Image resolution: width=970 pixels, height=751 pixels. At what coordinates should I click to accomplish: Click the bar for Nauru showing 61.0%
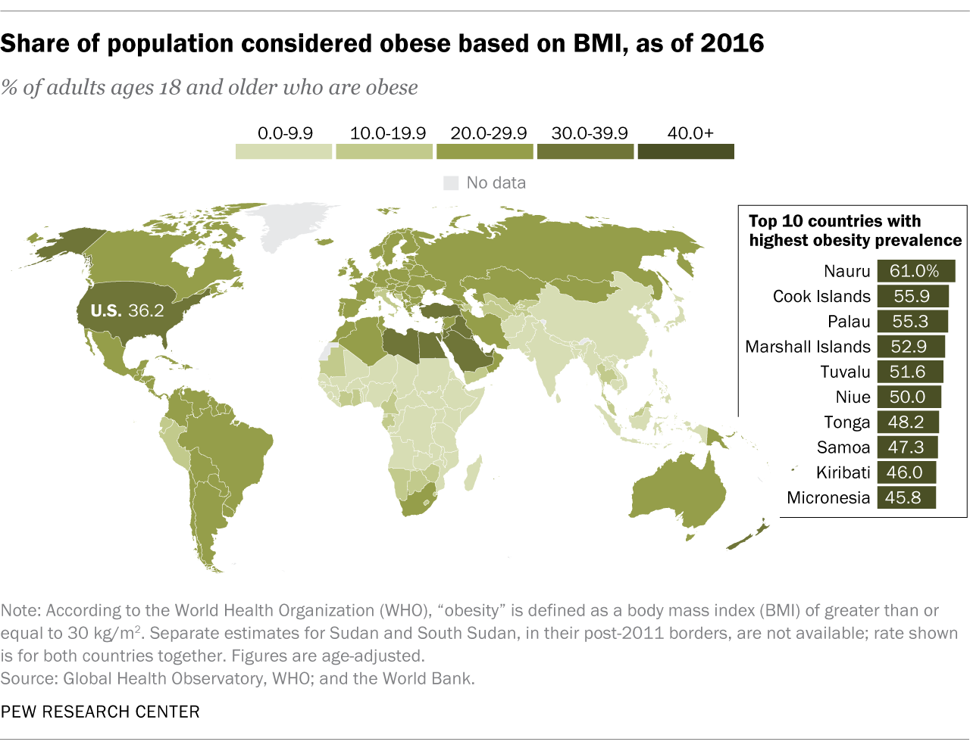coord(915,271)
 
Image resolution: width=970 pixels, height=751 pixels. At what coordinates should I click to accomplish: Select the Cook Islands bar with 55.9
coord(913,296)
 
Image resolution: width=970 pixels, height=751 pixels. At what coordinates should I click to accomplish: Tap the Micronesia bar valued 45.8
coord(906,497)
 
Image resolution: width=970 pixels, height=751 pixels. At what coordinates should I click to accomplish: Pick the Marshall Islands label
coord(808,347)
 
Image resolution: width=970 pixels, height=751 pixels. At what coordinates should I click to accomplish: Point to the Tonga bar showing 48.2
coord(908,422)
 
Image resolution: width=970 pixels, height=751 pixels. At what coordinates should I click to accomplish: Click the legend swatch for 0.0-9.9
coord(283,151)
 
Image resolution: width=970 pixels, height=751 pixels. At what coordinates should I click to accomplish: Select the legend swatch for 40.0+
coord(686,151)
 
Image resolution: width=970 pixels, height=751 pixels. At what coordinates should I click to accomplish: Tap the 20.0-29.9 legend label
coord(488,133)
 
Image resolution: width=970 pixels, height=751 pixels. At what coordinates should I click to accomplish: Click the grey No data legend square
coord(451,183)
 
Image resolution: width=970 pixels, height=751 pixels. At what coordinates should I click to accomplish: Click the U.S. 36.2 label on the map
coord(127,310)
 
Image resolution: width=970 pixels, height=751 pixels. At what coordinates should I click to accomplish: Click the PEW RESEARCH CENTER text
coord(100,712)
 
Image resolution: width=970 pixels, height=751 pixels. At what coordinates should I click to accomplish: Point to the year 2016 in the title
coord(732,44)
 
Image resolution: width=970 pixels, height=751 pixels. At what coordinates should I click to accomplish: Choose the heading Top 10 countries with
coord(834,221)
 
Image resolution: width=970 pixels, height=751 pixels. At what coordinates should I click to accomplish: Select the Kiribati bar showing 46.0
coord(906,472)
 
